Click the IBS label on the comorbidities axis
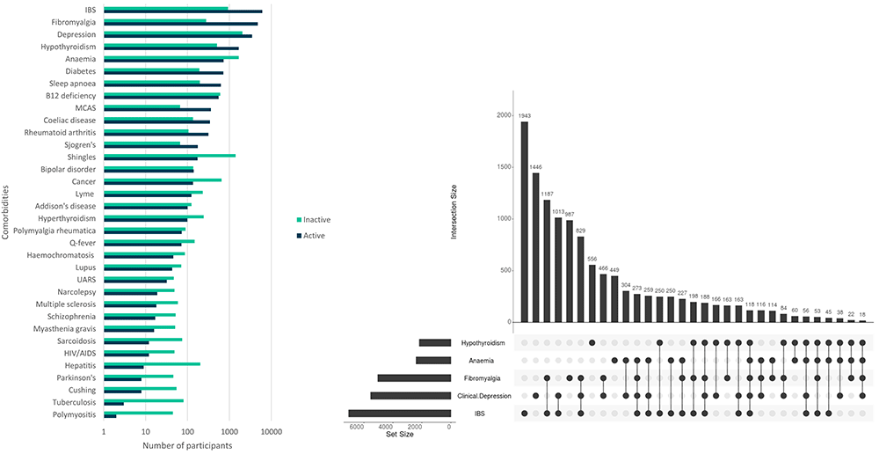90,10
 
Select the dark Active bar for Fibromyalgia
180,24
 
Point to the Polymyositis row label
75,414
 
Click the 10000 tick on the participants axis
271,432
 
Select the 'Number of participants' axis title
187,445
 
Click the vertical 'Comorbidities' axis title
6,212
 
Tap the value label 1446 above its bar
535,166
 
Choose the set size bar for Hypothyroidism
434,342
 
